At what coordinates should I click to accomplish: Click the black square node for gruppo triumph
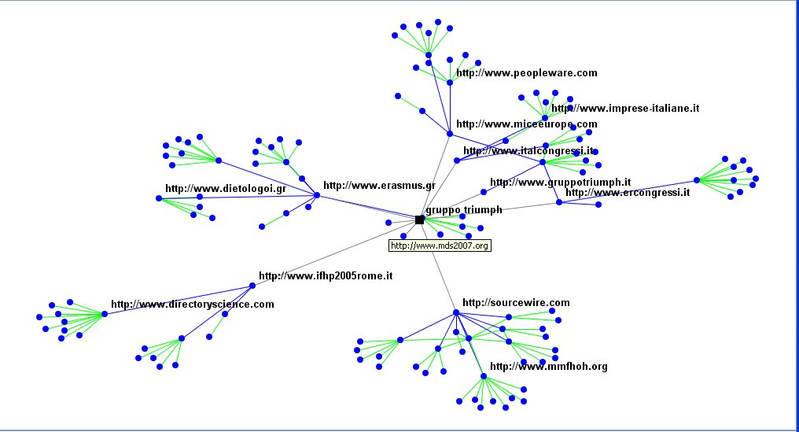pos(419,220)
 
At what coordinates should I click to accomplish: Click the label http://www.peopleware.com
pos(526,73)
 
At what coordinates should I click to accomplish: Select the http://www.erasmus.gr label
pos(379,186)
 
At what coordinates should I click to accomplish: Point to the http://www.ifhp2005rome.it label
pos(325,276)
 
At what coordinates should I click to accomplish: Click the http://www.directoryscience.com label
pos(192,304)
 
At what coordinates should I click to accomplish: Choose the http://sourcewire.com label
pos(515,302)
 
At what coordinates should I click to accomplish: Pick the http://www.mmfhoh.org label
pos(548,367)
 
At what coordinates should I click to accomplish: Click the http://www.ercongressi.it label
pos(627,192)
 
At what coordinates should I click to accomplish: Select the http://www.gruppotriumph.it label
pos(560,183)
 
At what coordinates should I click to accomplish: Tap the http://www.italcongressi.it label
pos(528,150)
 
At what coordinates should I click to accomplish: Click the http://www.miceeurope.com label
pos(526,124)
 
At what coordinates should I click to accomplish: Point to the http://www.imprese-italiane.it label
pos(625,109)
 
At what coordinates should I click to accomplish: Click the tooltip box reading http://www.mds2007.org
pos(440,246)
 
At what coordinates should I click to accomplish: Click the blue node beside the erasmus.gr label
pos(317,195)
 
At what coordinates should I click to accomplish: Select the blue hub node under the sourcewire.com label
pos(455,313)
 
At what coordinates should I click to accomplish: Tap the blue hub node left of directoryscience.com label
pos(104,314)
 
